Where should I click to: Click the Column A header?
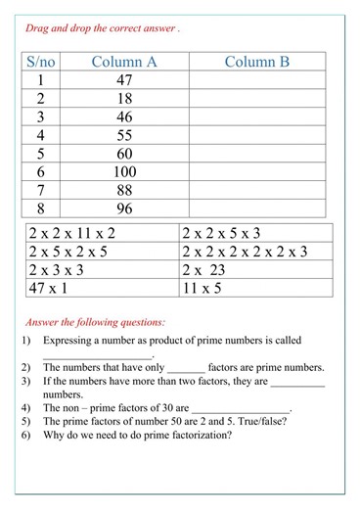[123, 62]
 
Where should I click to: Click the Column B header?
[256, 62]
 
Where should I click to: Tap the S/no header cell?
[41, 62]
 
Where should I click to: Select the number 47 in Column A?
[123, 81]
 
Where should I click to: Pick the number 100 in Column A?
[123, 172]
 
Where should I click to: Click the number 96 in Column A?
[123, 208]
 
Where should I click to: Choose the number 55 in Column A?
[123, 135]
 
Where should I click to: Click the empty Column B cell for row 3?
[256, 117]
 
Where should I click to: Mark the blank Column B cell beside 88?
[256, 191]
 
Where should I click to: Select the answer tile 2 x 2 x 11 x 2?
[72, 233]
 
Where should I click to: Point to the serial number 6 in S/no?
[41, 172]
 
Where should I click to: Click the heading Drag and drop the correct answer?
[102, 28]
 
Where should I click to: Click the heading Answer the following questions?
[95, 321]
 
